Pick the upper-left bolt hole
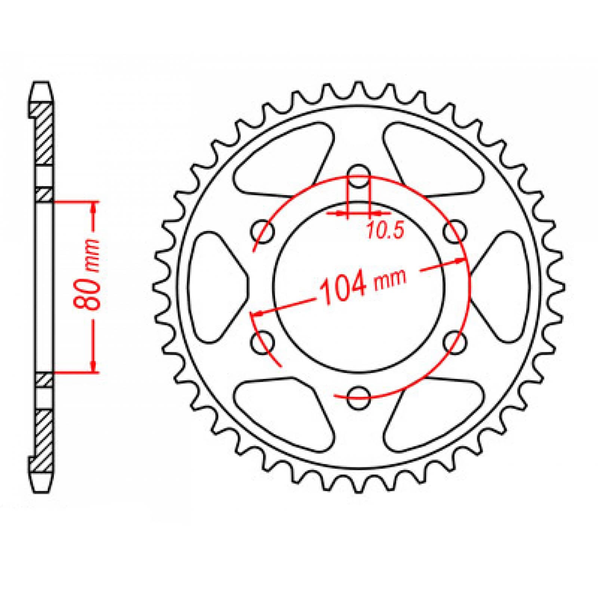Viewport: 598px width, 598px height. (262, 232)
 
